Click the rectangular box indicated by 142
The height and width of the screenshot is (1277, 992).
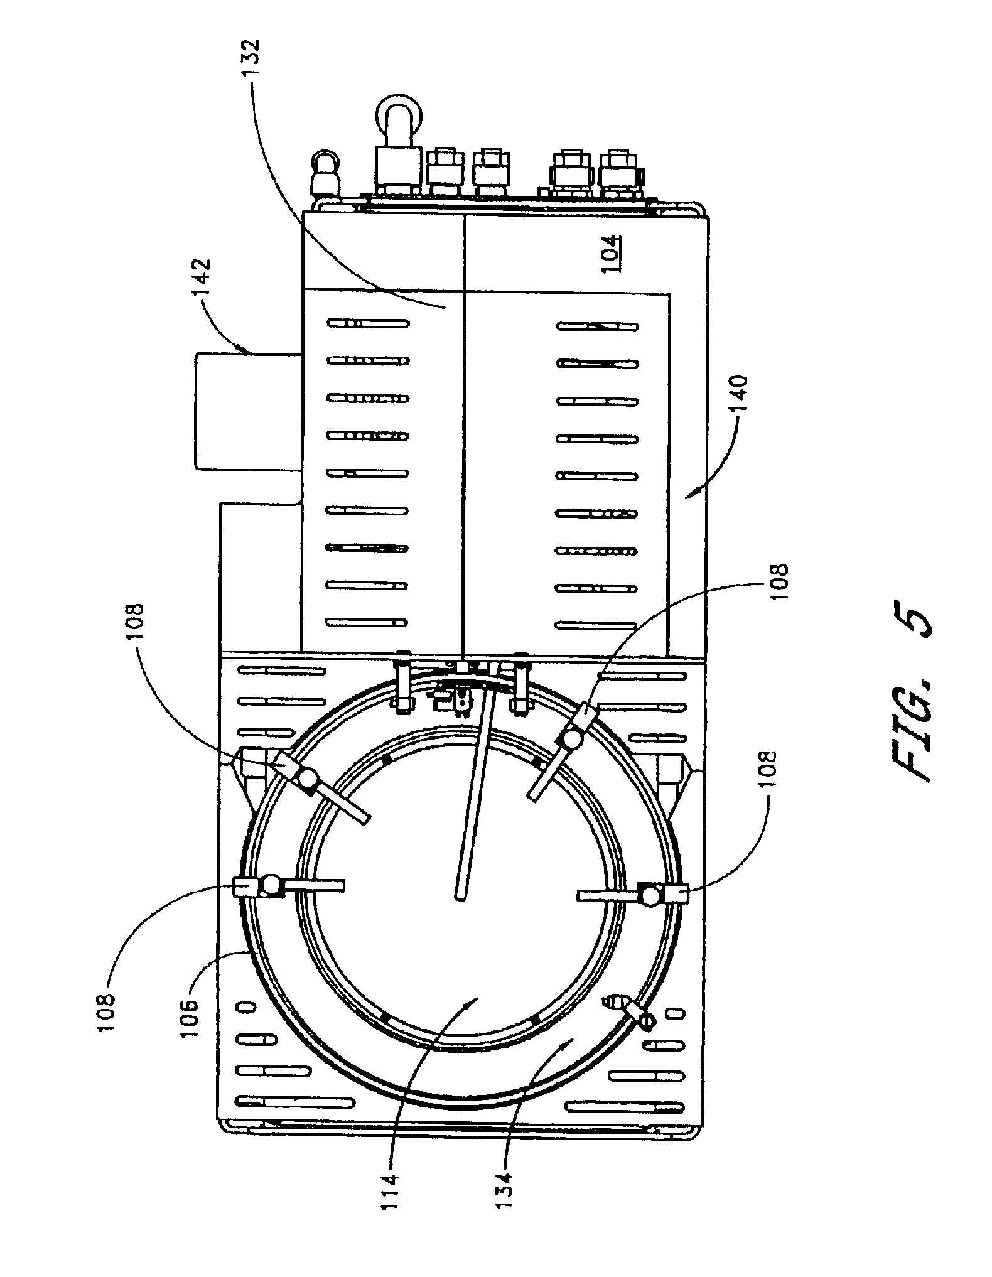point(250,411)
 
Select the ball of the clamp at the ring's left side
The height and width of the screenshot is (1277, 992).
point(273,885)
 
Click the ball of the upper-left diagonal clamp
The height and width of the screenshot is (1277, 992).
point(308,779)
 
